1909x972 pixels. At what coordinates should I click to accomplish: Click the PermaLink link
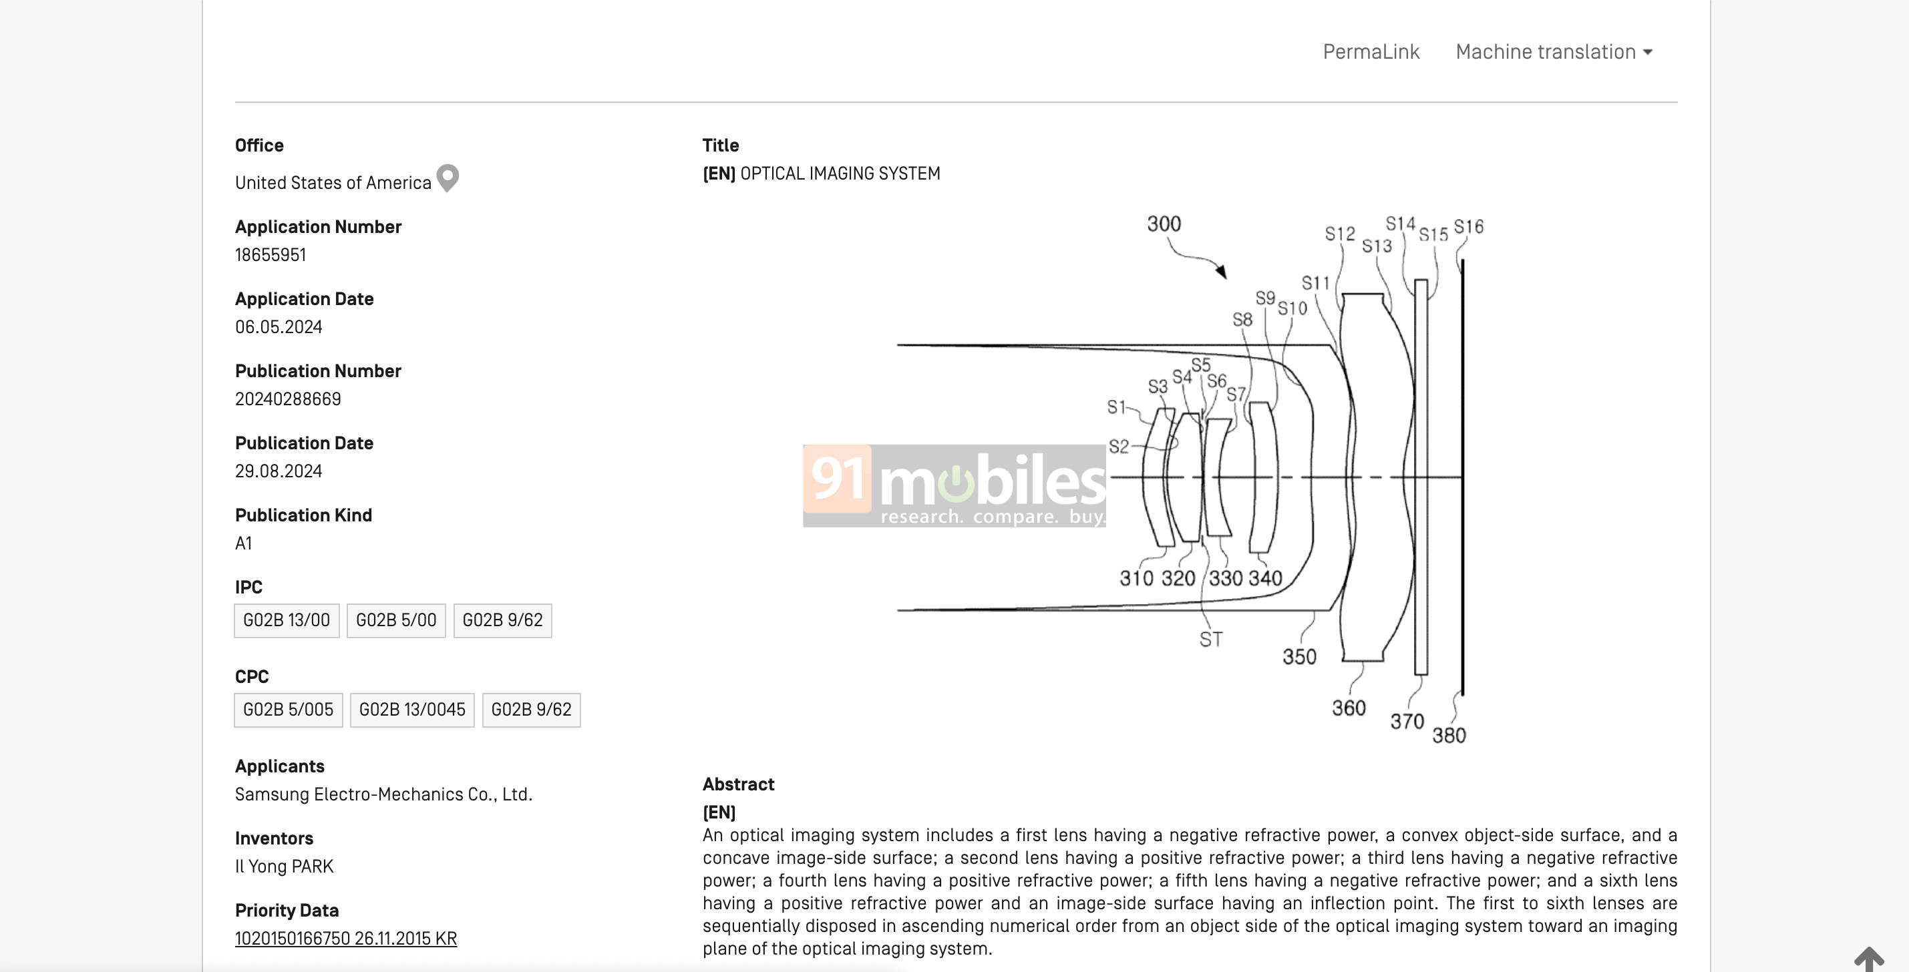click(1371, 52)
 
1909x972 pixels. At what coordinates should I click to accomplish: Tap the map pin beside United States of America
click(448, 178)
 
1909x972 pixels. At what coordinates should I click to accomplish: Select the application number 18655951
click(271, 255)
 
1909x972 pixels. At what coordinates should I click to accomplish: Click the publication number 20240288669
click(289, 399)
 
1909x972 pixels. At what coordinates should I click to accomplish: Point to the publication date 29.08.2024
click(279, 471)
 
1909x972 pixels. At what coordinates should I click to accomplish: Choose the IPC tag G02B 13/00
click(287, 620)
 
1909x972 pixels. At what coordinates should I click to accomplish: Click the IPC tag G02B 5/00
click(397, 620)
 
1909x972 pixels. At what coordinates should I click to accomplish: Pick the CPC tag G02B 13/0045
click(412, 710)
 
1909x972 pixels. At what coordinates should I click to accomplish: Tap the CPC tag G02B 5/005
click(289, 710)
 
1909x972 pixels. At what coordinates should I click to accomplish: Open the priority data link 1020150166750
click(346, 939)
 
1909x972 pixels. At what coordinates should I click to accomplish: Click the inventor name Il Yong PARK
click(285, 867)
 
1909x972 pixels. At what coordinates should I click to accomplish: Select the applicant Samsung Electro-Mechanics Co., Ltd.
click(384, 794)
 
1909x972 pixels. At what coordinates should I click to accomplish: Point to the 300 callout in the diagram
click(1164, 224)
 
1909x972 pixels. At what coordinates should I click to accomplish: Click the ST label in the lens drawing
click(1211, 640)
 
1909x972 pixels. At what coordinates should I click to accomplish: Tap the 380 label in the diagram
click(1449, 736)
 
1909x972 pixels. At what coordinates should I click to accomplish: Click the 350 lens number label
click(1300, 657)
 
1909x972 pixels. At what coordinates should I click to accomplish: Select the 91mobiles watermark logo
click(954, 486)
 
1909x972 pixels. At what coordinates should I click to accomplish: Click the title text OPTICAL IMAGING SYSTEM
click(840, 174)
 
